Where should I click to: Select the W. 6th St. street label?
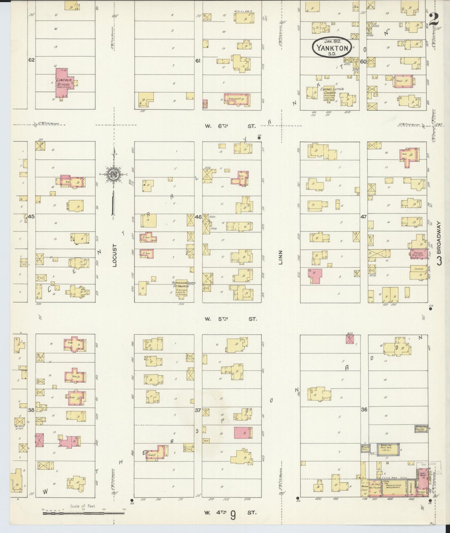click(x=230, y=126)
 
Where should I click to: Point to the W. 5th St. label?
click(x=230, y=319)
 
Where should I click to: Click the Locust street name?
click(x=114, y=255)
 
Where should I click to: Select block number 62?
click(x=31, y=60)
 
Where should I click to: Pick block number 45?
click(x=31, y=216)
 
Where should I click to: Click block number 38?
click(x=31, y=410)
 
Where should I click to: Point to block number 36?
click(x=364, y=409)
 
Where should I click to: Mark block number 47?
click(x=363, y=216)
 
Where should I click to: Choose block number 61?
click(x=198, y=61)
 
